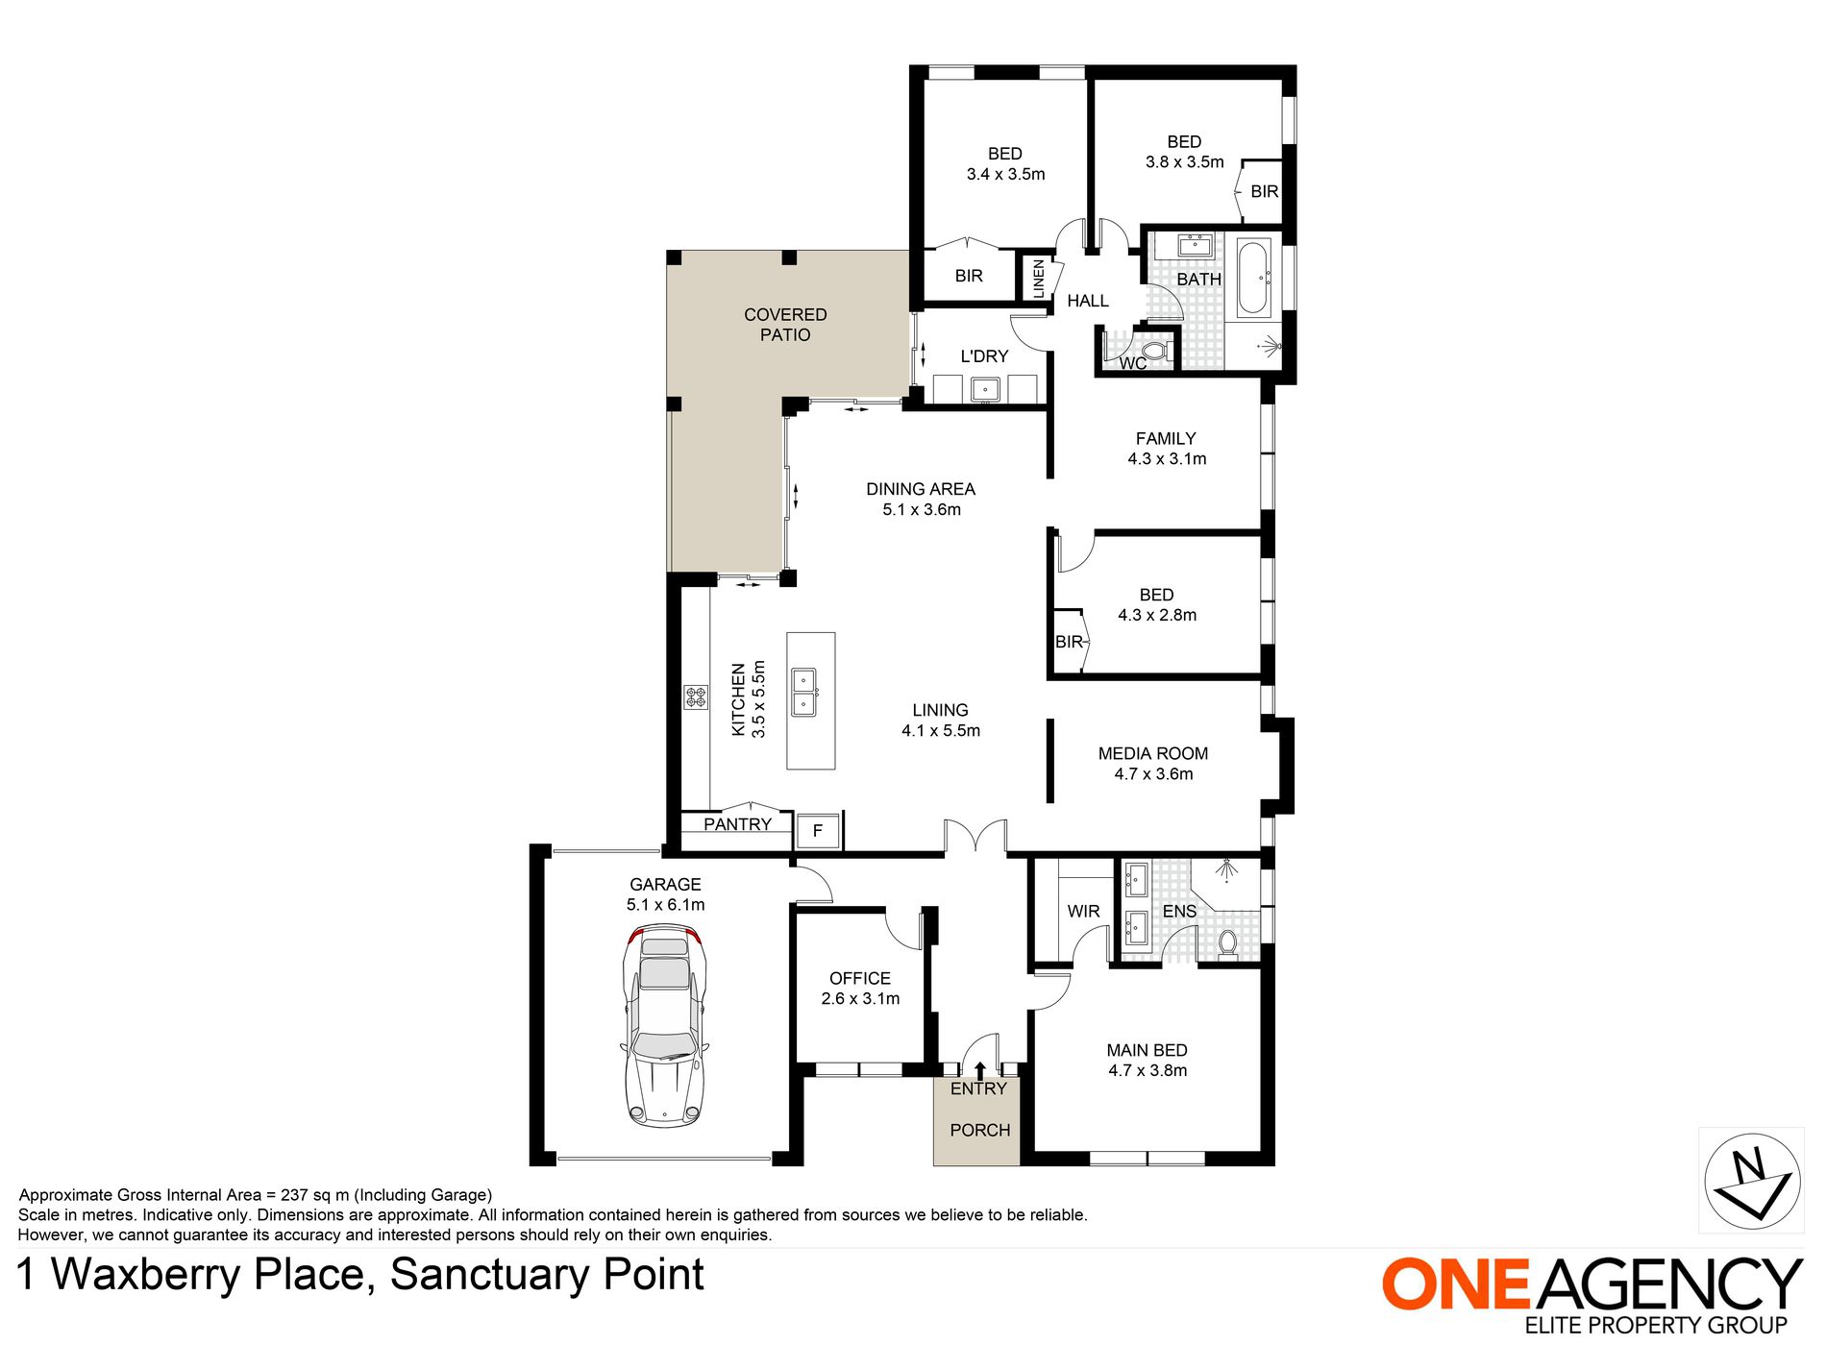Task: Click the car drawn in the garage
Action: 664,1025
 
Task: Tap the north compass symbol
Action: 1751,1180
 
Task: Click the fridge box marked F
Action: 818,831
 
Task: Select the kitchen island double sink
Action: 803,693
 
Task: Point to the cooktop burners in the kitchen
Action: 696,697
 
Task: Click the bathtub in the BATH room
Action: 1254,279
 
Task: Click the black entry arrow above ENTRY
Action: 979,1070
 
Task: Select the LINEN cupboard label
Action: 1038,279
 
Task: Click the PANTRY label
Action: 737,824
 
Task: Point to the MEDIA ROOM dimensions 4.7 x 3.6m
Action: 1153,774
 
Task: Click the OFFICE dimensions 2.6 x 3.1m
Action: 860,999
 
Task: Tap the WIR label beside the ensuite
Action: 1083,911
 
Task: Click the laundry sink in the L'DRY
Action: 985,389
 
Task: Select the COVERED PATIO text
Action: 785,325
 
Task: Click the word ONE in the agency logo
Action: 1456,1284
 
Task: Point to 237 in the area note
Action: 294,1195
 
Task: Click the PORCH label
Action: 979,1131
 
